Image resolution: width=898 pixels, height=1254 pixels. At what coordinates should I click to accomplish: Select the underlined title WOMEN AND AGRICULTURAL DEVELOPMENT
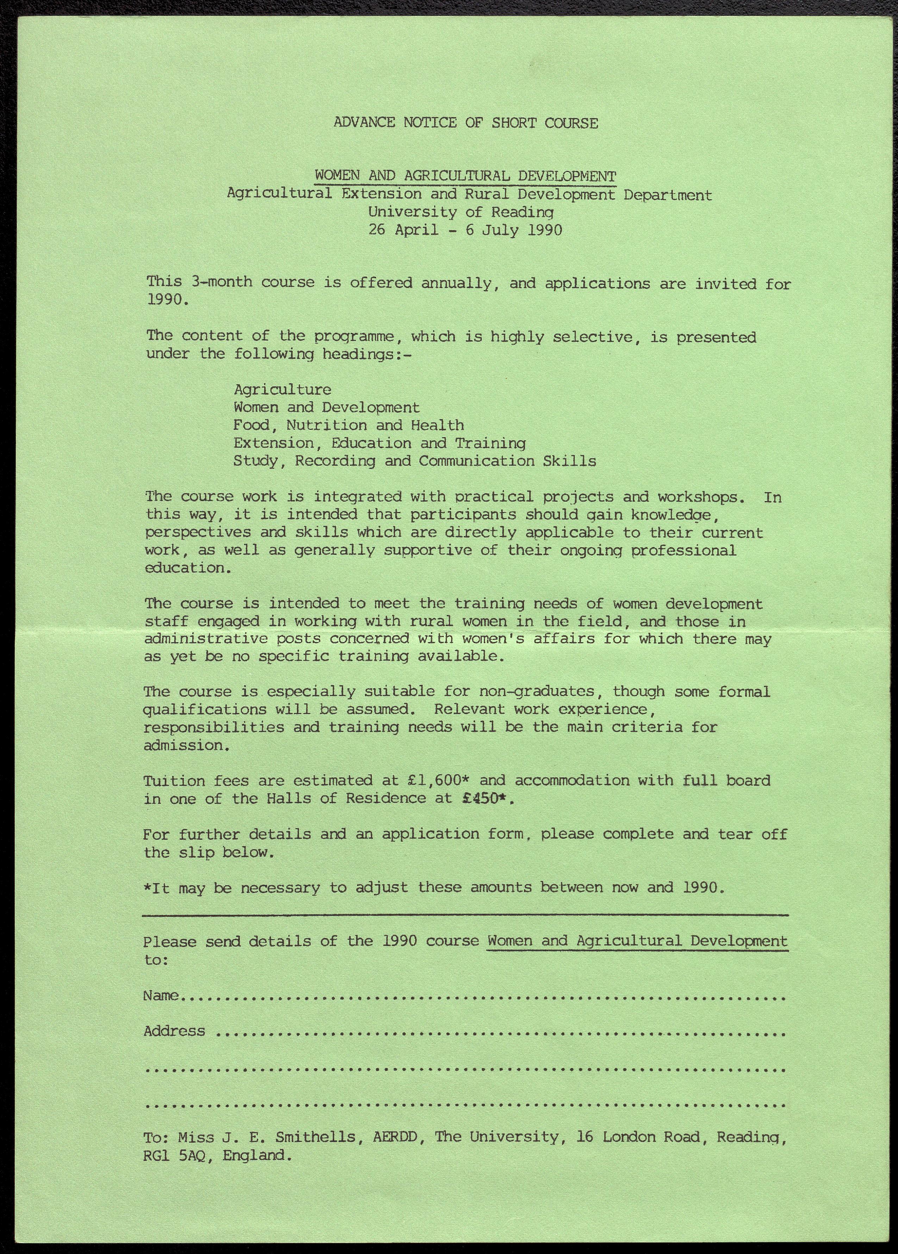click(465, 176)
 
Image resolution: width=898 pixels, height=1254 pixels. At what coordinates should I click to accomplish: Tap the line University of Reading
click(461, 212)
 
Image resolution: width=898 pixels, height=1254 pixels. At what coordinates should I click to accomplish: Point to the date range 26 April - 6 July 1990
click(465, 230)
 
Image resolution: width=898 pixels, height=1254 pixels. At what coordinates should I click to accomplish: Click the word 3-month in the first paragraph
click(221, 282)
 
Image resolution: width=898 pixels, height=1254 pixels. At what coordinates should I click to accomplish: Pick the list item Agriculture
click(282, 390)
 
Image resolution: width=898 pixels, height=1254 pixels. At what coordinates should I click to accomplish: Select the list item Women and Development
click(326, 408)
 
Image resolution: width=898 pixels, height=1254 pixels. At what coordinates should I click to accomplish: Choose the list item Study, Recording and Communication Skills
click(414, 461)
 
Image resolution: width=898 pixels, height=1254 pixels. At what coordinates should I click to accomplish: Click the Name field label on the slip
click(160, 996)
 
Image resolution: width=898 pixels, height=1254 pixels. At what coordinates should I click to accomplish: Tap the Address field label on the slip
click(174, 1031)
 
